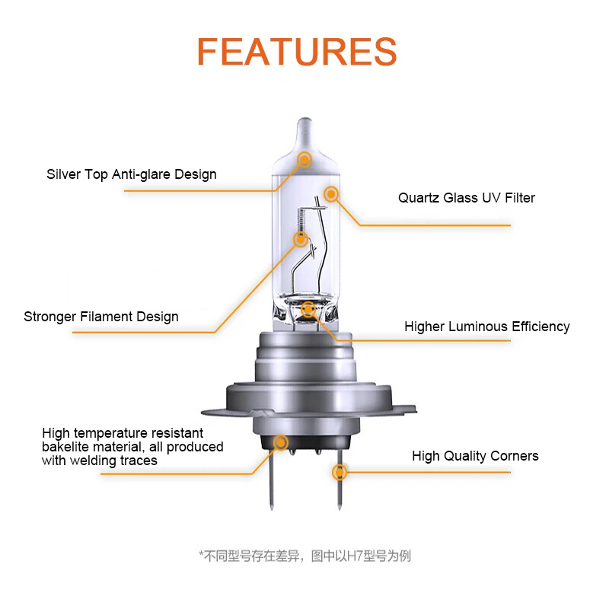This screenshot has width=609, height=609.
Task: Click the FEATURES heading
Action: (297, 52)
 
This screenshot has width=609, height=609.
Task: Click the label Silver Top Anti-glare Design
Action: (131, 174)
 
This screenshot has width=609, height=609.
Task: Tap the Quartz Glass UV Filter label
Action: (466, 198)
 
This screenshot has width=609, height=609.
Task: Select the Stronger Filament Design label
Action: (101, 317)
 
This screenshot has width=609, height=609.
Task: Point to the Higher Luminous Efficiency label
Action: (486, 327)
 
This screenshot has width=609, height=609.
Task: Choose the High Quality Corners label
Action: (475, 456)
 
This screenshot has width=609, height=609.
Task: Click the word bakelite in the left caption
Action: (65, 447)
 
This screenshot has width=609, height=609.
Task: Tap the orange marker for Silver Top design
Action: (304, 160)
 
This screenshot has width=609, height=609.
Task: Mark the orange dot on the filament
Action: (301, 240)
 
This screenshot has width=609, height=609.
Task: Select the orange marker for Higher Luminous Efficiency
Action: (308, 310)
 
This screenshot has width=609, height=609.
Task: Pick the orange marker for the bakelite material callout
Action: (281, 442)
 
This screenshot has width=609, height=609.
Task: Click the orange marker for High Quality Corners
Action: (340, 472)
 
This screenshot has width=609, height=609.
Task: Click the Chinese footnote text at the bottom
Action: (304, 556)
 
